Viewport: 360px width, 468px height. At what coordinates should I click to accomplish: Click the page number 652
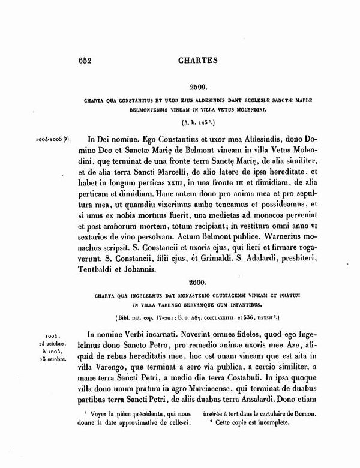[88, 60]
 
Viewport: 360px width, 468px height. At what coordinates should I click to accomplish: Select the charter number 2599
[200, 87]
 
